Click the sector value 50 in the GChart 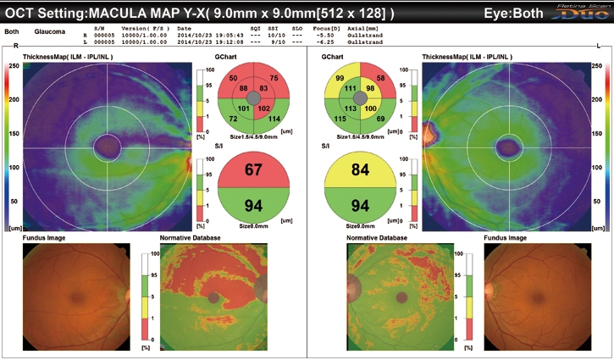coord(232,78)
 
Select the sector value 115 coord(341,119)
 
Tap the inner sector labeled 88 coord(243,88)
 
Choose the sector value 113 coord(351,108)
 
